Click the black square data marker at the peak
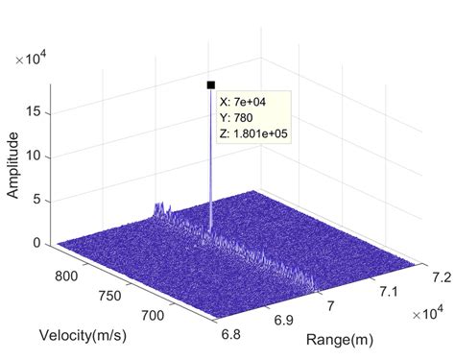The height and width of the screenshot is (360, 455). click(210, 84)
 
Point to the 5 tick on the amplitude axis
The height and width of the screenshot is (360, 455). click(35, 200)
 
